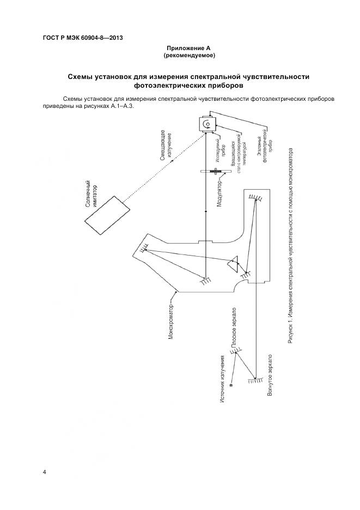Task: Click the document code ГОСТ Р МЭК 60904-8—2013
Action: [82, 38]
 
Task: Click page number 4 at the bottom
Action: [44, 472]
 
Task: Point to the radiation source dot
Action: [231, 386]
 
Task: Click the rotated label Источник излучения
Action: [223, 379]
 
